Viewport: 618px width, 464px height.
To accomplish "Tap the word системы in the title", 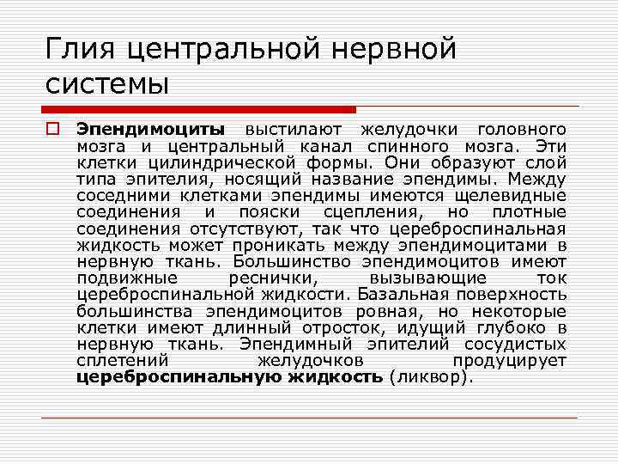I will (106, 84).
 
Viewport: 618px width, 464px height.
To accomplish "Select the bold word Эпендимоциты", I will (149, 130).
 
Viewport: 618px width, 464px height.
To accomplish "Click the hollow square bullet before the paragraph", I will (51, 130).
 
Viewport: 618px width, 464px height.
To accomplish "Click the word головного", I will (521, 130).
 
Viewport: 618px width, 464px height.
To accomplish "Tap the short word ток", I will (550, 278).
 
